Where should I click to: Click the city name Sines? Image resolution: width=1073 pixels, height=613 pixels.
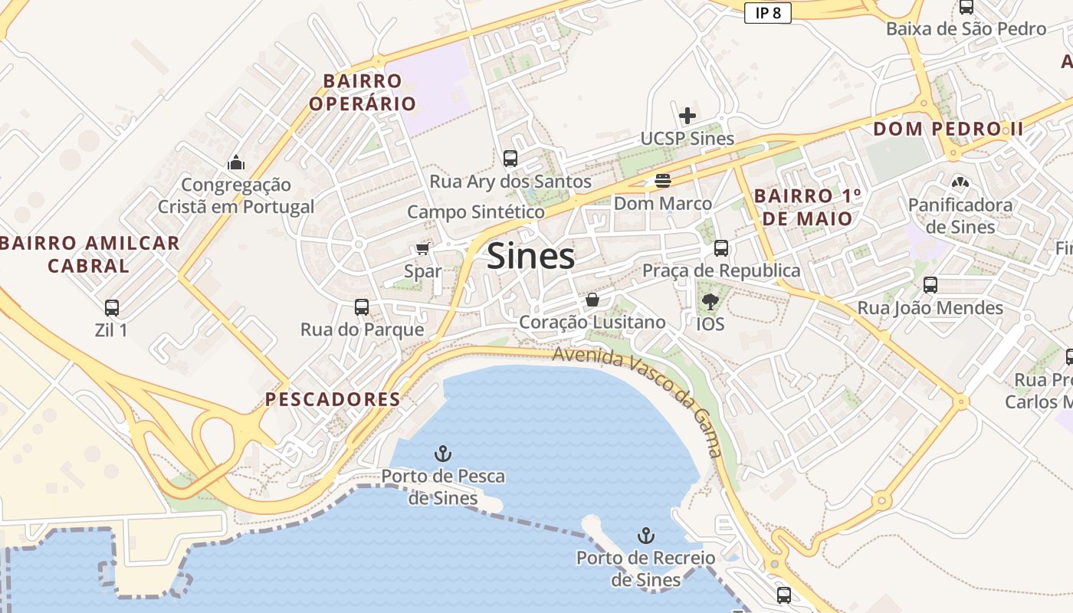pos(530,256)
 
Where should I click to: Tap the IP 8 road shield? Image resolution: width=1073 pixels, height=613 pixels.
pos(767,12)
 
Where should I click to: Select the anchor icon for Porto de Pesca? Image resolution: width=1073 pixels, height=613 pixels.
pos(442,453)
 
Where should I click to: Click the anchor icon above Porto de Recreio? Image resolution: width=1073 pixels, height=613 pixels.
pos(646,535)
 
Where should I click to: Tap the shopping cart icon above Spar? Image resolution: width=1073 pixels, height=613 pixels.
pos(422,248)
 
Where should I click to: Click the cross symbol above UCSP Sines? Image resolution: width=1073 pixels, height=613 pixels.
pos(687,116)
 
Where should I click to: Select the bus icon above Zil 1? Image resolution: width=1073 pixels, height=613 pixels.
pos(112,308)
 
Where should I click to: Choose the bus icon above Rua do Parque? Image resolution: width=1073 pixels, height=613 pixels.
pos(362,307)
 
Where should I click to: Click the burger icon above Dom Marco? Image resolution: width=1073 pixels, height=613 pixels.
pos(663,181)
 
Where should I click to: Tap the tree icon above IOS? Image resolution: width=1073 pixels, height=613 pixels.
pos(710,301)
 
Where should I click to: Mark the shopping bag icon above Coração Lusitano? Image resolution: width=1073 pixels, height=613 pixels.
pos(592,300)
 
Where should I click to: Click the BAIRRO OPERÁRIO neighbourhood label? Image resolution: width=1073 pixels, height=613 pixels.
pos(363,92)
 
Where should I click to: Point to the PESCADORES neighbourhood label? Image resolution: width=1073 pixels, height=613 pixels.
pos(333,399)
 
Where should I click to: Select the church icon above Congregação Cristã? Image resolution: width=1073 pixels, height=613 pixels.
pos(236,162)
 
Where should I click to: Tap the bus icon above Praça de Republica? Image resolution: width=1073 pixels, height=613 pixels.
pos(720,248)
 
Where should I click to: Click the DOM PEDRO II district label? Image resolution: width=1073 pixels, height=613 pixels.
pos(947,129)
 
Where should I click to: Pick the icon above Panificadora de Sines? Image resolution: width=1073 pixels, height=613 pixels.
pos(959,182)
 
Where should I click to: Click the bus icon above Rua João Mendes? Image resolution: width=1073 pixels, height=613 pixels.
pos(930,285)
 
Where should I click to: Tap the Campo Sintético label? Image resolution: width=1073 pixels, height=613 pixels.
pos(476,212)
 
